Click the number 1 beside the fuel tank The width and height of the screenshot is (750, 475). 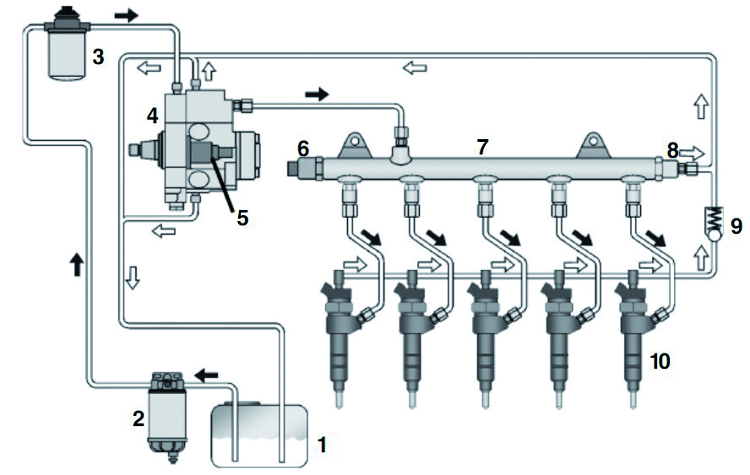click(x=322, y=445)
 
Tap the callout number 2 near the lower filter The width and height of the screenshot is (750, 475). click(x=138, y=419)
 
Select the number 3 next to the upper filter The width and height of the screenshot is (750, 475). click(x=98, y=57)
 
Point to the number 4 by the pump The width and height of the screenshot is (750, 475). click(x=153, y=115)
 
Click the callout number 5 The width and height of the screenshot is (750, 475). click(x=243, y=218)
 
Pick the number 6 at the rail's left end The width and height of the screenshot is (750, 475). click(x=303, y=149)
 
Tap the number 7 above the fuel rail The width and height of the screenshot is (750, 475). click(x=483, y=147)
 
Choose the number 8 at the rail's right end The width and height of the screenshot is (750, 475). click(x=673, y=150)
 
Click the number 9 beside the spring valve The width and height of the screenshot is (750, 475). click(x=736, y=226)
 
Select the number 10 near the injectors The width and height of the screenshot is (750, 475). click(x=660, y=362)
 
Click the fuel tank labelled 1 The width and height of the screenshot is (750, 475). click(x=259, y=436)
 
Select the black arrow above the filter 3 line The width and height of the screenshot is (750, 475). click(x=127, y=16)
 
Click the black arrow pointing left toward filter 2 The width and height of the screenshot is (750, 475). click(x=206, y=374)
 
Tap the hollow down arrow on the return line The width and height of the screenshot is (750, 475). click(x=132, y=277)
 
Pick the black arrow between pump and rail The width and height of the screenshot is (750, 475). click(x=317, y=94)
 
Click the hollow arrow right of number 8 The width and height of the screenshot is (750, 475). click(x=692, y=152)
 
